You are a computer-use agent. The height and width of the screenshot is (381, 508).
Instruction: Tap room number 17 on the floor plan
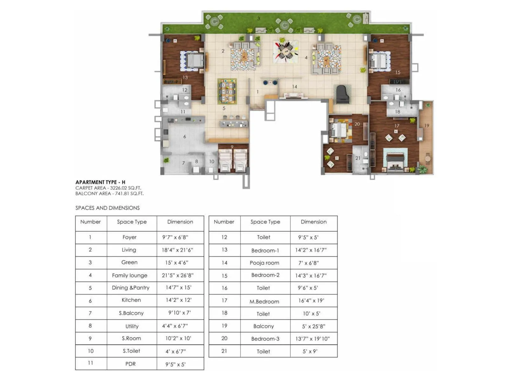(x=397, y=126)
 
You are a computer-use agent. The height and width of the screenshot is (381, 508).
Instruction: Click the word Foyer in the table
(x=129, y=237)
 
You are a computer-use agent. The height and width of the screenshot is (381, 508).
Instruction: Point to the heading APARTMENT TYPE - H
(x=100, y=182)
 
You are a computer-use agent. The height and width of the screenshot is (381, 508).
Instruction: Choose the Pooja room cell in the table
(x=264, y=263)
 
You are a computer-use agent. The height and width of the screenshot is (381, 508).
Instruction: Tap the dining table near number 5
(x=227, y=91)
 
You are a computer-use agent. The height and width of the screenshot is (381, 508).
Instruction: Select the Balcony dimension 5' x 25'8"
(x=313, y=326)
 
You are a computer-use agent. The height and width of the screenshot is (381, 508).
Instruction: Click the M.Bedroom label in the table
(x=264, y=302)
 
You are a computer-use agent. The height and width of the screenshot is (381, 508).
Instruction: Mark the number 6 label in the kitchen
(x=184, y=137)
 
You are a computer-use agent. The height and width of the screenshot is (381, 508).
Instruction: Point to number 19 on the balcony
(x=426, y=126)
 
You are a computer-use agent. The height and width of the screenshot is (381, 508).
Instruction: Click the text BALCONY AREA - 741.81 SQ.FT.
(x=109, y=193)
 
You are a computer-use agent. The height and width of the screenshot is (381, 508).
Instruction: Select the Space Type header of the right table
(x=265, y=222)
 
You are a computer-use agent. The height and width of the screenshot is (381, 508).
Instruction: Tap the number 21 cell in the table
(x=224, y=351)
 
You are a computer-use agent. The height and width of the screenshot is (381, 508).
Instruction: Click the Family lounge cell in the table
(x=130, y=276)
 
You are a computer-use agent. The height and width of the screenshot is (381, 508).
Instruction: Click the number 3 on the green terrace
(x=258, y=18)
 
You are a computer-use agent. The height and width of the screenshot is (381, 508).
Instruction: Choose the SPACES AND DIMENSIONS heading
(x=107, y=208)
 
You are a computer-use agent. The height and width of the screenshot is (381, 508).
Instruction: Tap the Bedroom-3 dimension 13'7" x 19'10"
(x=312, y=339)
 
